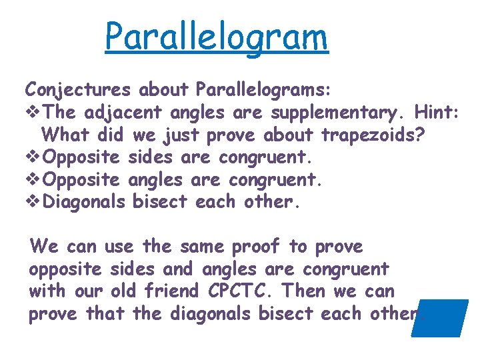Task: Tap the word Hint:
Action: point(437,112)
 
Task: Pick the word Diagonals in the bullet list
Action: point(84,201)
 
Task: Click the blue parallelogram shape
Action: point(440,318)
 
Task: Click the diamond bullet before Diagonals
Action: point(33,201)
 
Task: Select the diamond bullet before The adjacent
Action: point(33,112)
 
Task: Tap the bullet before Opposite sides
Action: point(33,157)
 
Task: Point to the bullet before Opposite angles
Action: point(33,180)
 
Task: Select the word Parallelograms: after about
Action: point(267,89)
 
